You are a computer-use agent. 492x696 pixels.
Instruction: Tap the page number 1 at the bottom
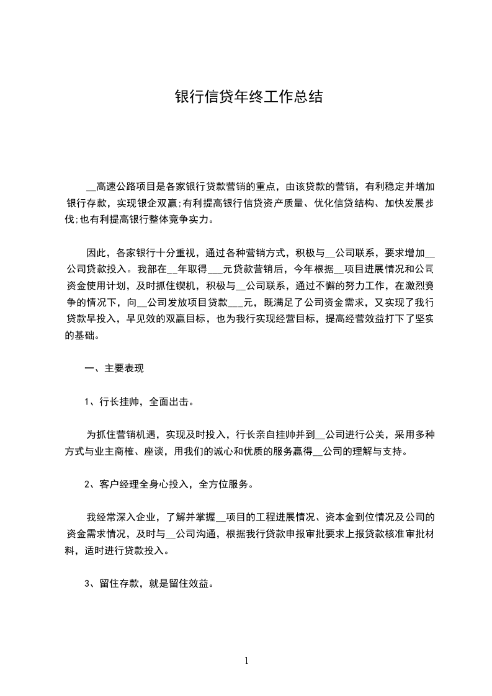click(x=246, y=661)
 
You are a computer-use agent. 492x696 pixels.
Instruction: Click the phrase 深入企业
click(x=137, y=517)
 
